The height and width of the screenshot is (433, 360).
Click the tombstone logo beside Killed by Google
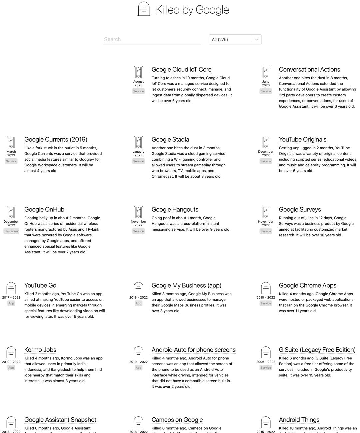[144, 9]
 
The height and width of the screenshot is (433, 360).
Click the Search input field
[152, 39]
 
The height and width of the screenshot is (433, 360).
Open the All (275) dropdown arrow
[257, 39]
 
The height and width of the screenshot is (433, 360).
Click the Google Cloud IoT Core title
[181, 70]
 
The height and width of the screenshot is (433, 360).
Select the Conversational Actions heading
[309, 70]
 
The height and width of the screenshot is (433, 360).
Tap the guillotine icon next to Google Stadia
[138, 142]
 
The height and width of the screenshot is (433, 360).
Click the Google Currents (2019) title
[56, 140]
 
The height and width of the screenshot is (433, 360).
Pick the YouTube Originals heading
[302, 140]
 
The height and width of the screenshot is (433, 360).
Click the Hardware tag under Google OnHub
[11, 231]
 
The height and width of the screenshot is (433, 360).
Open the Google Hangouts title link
[175, 210]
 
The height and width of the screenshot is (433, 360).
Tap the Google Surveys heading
[300, 210]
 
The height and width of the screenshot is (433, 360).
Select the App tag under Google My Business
[138, 303]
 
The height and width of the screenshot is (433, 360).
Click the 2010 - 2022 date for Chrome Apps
[266, 298]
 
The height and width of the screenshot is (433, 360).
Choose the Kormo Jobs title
[40, 350]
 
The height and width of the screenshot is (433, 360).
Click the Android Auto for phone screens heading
[193, 350]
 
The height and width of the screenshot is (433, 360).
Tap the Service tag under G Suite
[266, 368]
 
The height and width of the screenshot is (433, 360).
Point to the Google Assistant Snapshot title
[60, 420]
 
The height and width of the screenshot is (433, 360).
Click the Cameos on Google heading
[177, 420]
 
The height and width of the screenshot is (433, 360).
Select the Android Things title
[299, 420]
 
